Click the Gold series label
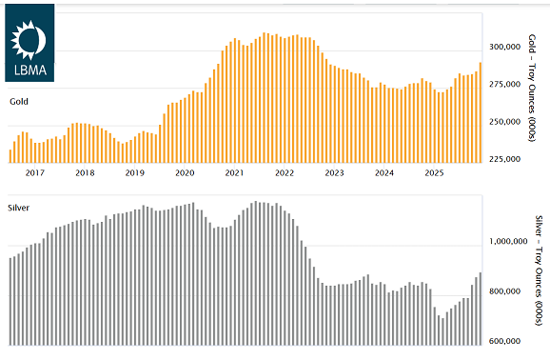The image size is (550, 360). point(19,100)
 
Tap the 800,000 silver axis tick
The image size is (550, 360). point(502,291)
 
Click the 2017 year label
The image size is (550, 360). point(34,173)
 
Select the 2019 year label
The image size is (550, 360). point(134,173)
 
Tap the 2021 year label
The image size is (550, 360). point(234,173)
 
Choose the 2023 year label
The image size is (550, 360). point(334,173)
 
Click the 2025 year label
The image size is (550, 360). point(434,173)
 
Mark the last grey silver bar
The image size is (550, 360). point(480,308)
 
